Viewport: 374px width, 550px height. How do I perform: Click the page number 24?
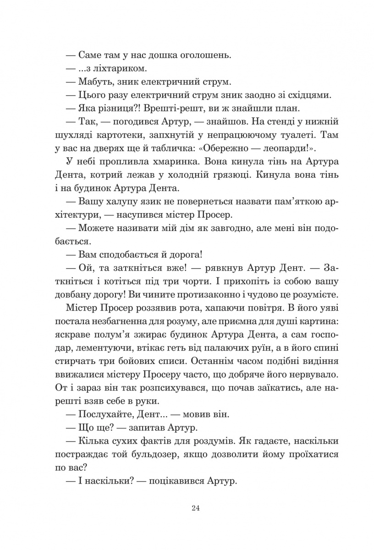(196, 508)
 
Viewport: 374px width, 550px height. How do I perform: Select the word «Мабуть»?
(95, 82)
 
